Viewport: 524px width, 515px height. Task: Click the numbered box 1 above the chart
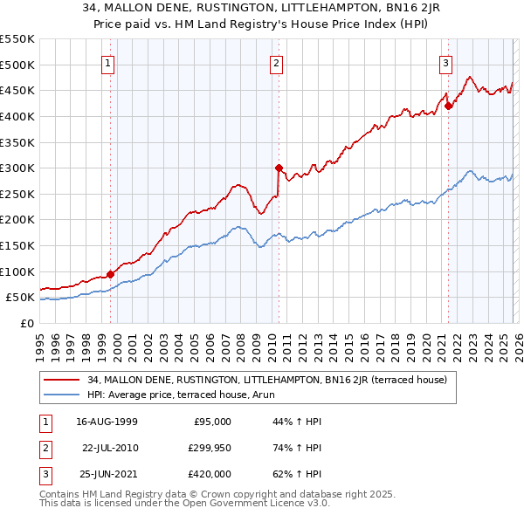point(107,62)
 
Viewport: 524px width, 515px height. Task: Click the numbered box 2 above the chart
point(276,62)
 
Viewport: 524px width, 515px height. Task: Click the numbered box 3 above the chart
point(445,62)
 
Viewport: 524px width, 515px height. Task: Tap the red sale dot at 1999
point(111,274)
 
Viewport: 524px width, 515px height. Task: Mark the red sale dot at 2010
point(279,168)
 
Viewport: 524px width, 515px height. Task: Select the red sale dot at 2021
point(448,106)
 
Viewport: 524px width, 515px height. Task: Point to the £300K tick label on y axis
point(17,168)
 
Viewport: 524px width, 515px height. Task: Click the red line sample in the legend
point(61,380)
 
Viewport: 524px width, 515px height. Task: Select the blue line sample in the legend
point(61,395)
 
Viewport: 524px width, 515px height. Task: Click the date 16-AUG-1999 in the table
point(107,422)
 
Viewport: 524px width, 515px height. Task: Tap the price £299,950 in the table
point(210,448)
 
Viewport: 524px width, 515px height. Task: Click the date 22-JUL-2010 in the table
point(109,448)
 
